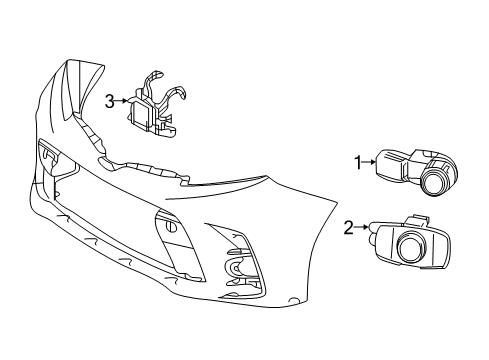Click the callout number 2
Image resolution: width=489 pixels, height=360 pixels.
tap(349, 228)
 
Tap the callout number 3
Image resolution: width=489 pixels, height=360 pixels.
tap(110, 100)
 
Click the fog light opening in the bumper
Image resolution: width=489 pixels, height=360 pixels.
tap(239, 268)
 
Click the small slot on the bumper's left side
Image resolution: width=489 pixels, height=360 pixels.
tap(46, 153)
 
